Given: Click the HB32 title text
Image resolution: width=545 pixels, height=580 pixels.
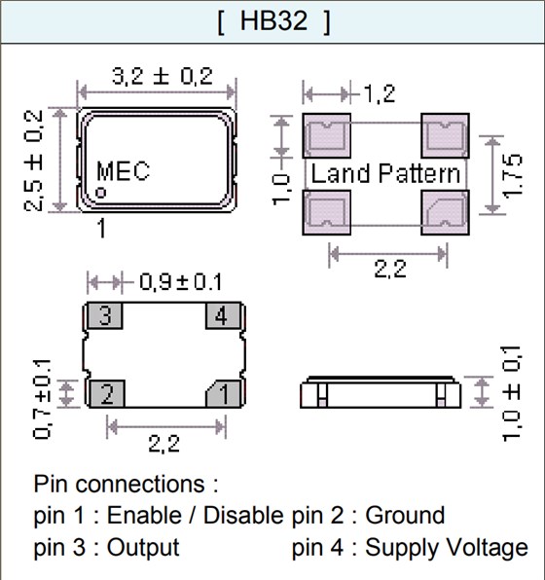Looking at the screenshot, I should [x=273, y=22].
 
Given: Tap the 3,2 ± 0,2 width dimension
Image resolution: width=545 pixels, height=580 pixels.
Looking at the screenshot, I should [x=156, y=78].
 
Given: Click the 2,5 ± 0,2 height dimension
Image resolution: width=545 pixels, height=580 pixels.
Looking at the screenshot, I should [x=34, y=159].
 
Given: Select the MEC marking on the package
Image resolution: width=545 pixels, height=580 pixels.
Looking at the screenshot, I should [x=123, y=172].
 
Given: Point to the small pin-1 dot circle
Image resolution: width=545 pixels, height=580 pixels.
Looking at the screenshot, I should [x=100, y=194].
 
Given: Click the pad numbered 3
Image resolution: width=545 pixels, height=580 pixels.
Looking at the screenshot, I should [x=106, y=316].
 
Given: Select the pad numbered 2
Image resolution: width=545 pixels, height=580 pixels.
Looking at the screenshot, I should [x=106, y=394].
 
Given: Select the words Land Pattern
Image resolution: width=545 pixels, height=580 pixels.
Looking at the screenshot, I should [x=385, y=174].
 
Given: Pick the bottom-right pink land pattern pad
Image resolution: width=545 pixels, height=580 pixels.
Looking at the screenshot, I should [x=444, y=211].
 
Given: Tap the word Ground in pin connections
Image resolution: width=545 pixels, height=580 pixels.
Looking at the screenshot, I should [x=404, y=515].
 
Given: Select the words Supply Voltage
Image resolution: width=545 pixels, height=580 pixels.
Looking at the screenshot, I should [x=447, y=548].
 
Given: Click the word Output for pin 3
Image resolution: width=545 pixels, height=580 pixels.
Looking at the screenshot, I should [x=143, y=548].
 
